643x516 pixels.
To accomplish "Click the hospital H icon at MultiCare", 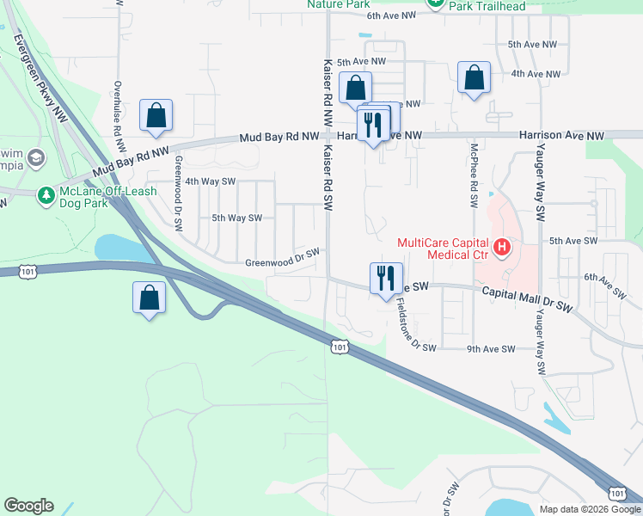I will pyautogui.click(x=500, y=249).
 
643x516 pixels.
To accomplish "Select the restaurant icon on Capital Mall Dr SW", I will pyautogui.click(x=382, y=278).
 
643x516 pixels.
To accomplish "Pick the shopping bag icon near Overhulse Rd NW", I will pyautogui.click(x=156, y=115).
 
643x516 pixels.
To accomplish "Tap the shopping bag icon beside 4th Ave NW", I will pyautogui.click(x=474, y=78).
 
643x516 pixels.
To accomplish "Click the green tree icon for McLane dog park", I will pyautogui.click(x=46, y=197).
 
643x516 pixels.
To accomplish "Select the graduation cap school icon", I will pyautogui.click(x=36, y=158).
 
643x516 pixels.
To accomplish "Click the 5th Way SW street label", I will pyautogui.click(x=236, y=218).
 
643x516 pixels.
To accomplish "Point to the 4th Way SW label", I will pyautogui.click(x=210, y=181).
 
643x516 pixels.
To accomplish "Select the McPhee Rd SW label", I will pyautogui.click(x=473, y=176).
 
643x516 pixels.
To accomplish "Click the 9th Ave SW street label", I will pyautogui.click(x=490, y=348).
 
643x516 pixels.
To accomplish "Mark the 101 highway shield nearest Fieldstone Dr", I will pyautogui.click(x=340, y=346).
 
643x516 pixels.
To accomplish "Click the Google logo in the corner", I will pyautogui.click(x=28, y=506).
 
